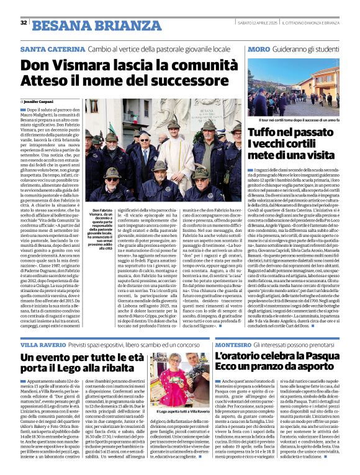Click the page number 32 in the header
tap(24, 22)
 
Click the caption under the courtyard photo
tap(294, 118)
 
